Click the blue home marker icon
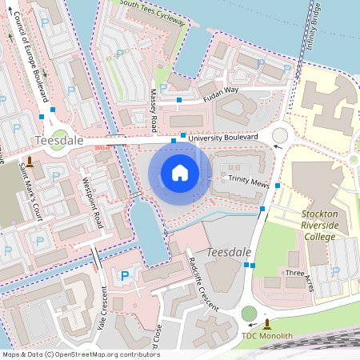point(180,172)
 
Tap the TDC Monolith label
point(267,336)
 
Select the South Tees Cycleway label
point(152,11)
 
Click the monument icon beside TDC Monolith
point(266,322)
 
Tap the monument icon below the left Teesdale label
point(30,162)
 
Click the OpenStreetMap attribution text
point(70,354)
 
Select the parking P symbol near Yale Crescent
point(124,276)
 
